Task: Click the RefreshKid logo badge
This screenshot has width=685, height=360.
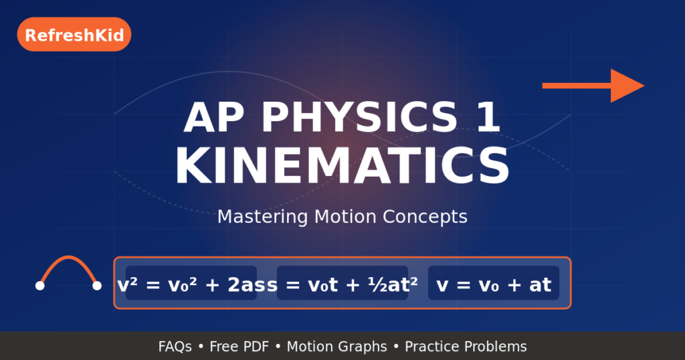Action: [x=74, y=35]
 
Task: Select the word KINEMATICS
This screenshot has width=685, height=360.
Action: [x=342, y=166]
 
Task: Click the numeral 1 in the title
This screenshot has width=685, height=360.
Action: [x=486, y=118]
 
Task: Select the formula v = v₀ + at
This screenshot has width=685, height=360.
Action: [x=494, y=285]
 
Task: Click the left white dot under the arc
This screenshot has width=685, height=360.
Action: [x=40, y=286]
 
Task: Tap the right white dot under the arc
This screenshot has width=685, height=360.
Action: [x=97, y=286]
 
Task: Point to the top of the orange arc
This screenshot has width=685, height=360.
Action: [x=68, y=257]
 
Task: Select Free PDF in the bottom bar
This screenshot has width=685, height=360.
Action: [x=244, y=347]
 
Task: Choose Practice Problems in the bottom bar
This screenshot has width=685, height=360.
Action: [x=466, y=347]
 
